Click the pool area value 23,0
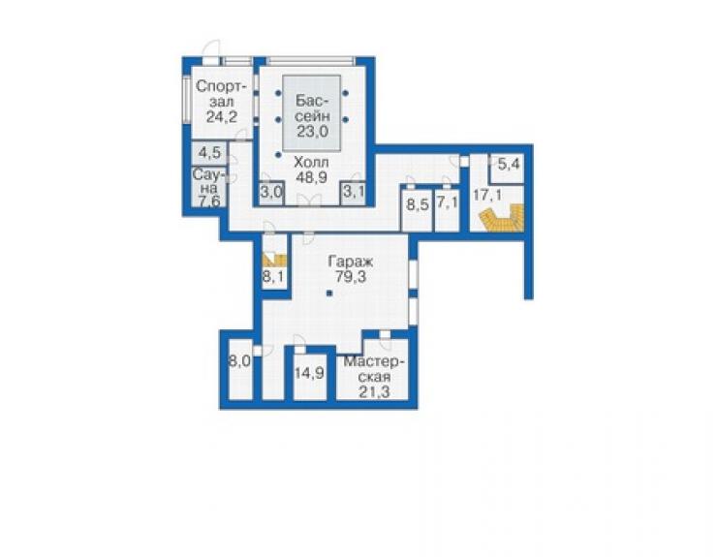pos(313,132)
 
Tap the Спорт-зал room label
pos(221,94)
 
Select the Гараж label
pos(351,262)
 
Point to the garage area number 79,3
pos(351,277)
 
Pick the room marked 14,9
pos(309,374)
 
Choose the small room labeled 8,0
pos(239,361)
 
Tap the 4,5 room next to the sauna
pos(210,153)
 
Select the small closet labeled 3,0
pos(271,191)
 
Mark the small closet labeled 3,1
pos(354,191)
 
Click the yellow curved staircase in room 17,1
pos(501,220)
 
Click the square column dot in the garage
pos(329,294)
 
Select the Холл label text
pos(311,163)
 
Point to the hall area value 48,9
pos(311,177)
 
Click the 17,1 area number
pos(487,196)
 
